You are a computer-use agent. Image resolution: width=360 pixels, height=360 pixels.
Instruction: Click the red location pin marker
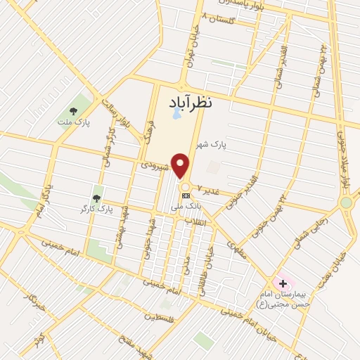(181, 166)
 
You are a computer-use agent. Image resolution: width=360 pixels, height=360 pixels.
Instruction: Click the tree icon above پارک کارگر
(96, 198)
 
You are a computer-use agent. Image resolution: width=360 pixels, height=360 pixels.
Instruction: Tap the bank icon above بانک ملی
(186, 195)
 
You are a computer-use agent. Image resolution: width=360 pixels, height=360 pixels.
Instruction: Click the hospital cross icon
(283, 284)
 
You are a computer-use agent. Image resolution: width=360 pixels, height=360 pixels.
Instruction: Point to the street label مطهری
(238, 247)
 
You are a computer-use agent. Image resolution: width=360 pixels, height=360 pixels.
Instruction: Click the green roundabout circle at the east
(345, 203)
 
